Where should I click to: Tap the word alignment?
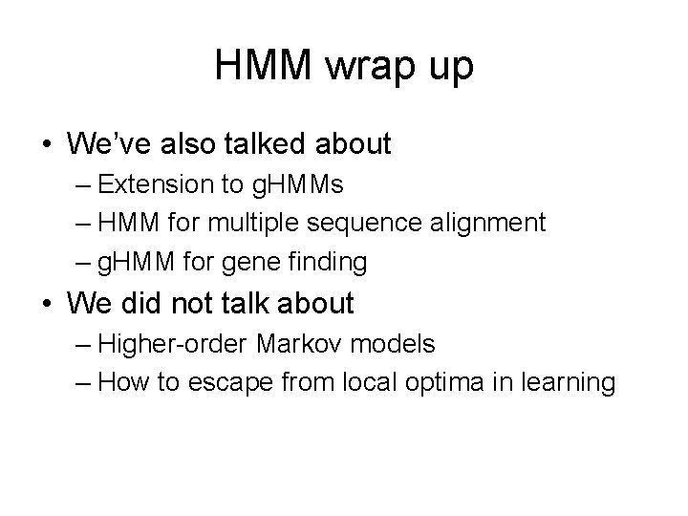point(490,224)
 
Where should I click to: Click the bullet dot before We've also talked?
point(46,145)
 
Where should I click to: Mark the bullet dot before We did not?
point(46,305)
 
